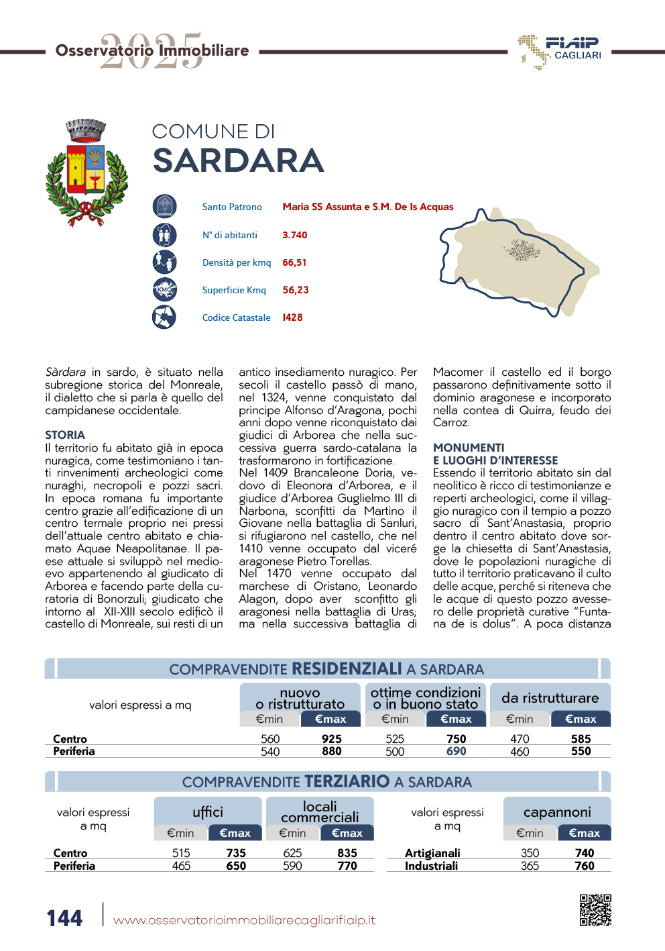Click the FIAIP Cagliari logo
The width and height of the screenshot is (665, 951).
(x=560, y=51)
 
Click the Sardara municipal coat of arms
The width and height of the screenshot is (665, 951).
(x=86, y=172)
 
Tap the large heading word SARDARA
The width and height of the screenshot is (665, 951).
(x=239, y=161)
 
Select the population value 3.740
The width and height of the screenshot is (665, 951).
(x=294, y=235)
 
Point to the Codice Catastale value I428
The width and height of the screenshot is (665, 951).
(x=292, y=317)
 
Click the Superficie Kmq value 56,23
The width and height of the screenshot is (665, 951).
(x=296, y=290)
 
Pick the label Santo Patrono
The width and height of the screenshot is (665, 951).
(x=232, y=207)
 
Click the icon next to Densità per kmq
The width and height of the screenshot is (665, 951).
(x=164, y=262)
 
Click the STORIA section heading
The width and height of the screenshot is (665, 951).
(x=65, y=435)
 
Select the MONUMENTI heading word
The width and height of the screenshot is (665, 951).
(x=469, y=448)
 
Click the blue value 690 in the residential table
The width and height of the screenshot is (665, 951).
(x=456, y=751)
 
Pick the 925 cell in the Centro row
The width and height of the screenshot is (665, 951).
(x=331, y=738)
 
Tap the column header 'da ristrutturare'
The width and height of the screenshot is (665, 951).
(x=550, y=698)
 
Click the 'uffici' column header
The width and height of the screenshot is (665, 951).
(x=208, y=812)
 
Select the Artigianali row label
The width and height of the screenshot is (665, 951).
(x=432, y=853)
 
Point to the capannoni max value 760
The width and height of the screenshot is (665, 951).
(x=584, y=866)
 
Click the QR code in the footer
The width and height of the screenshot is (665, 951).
(x=595, y=909)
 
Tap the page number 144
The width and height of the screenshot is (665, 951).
(x=64, y=917)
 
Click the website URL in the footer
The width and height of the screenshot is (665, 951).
(x=244, y=920)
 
